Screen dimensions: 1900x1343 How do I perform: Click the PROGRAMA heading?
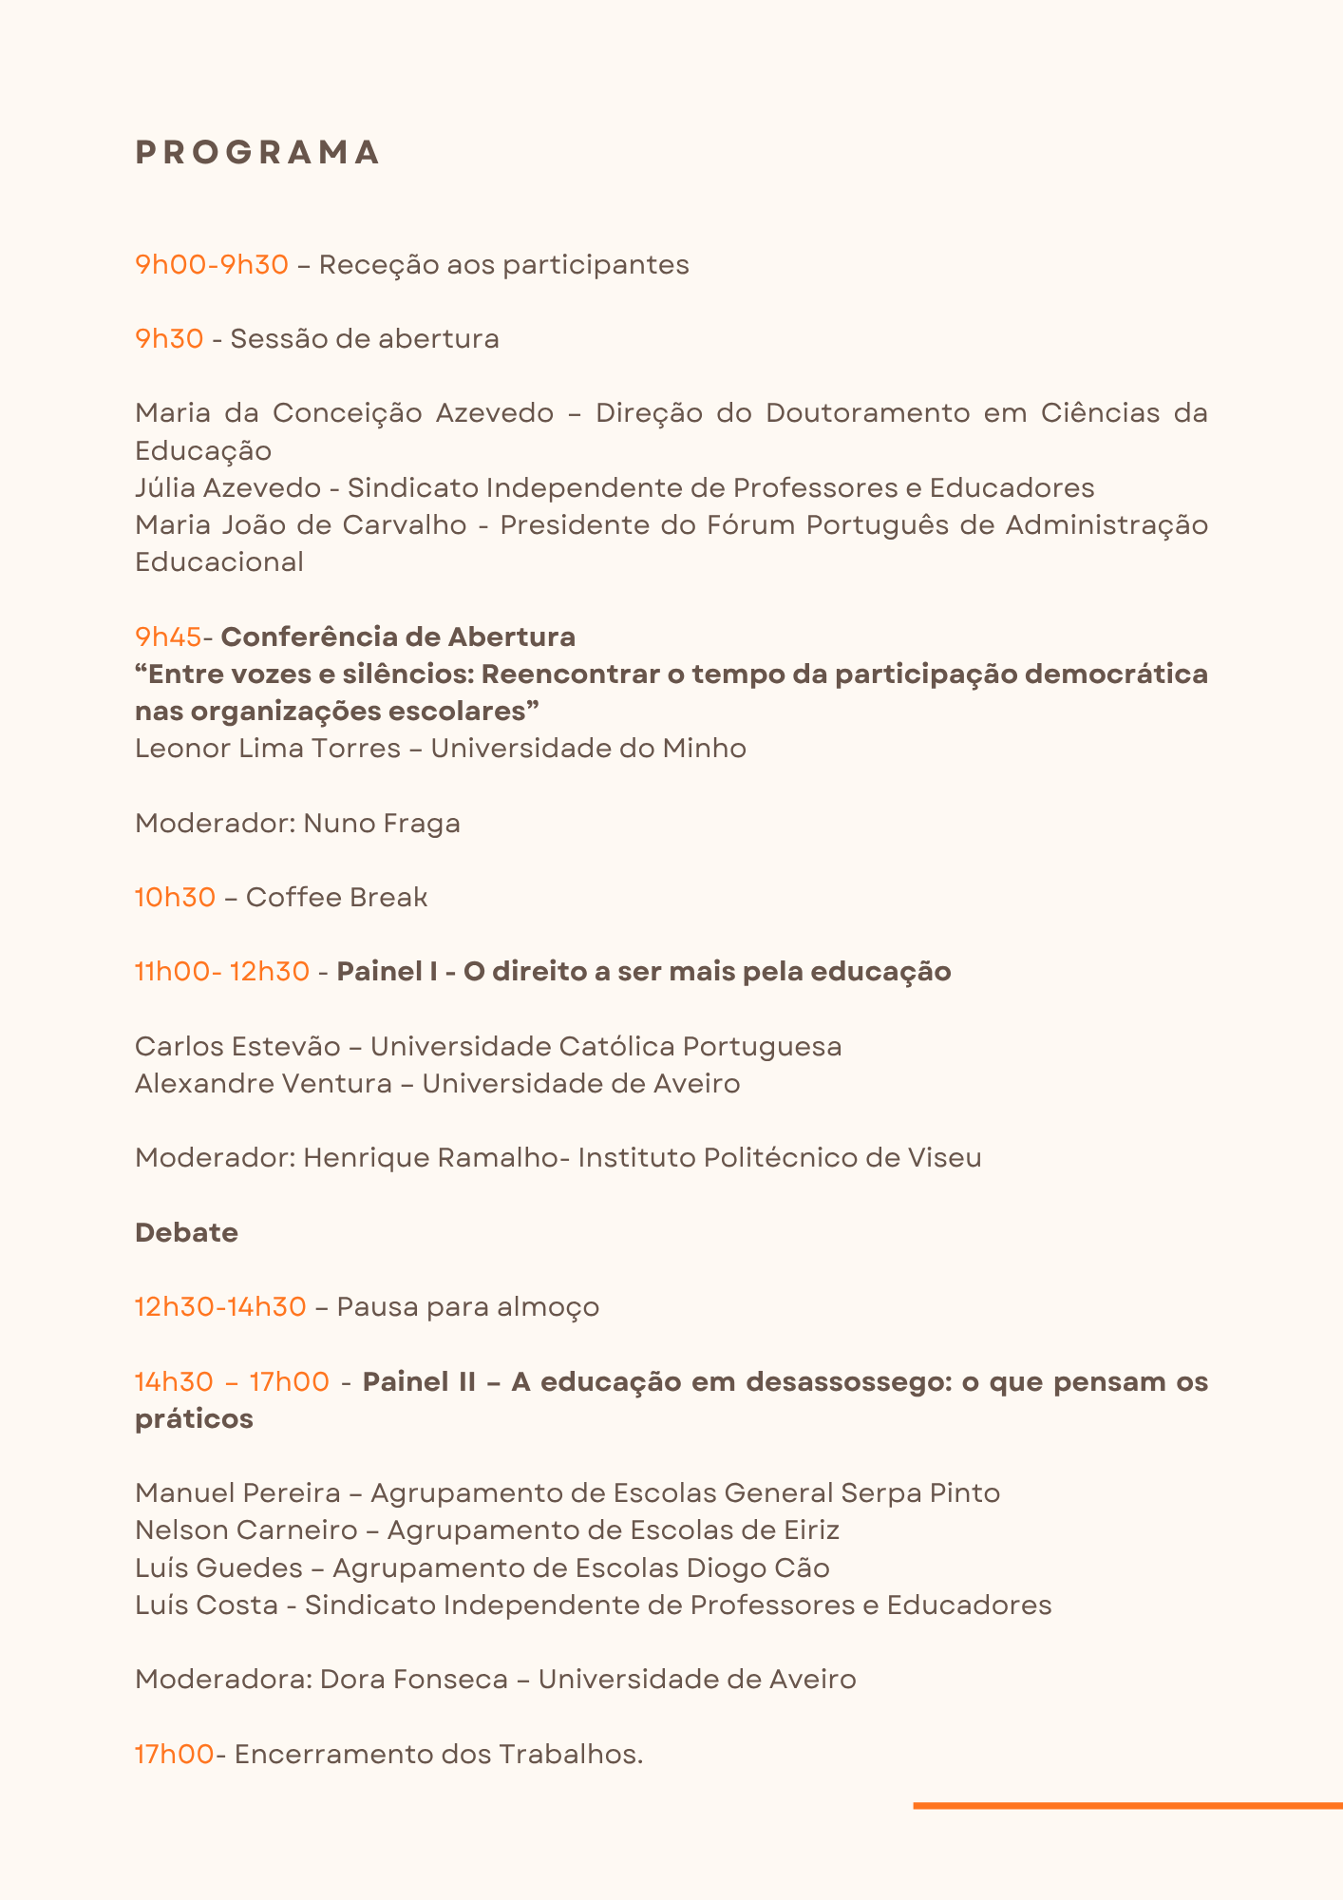click(x=257, y=153)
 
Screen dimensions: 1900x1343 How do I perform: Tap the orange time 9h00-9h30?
click(x=212, y=264)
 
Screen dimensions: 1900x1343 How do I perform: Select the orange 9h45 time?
click(x=168, y=636)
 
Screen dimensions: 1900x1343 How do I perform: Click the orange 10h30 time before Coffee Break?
click(x=175, y=897)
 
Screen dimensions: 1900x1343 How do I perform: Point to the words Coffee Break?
click(x=336, y=897)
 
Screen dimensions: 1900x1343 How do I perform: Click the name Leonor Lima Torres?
click(x=268, y=749)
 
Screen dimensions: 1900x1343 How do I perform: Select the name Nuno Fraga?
click(x=382, y=823)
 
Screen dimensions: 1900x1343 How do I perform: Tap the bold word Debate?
click(x=186, y=1232)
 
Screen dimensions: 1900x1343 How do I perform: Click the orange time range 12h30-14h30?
click(x=220, y=1307)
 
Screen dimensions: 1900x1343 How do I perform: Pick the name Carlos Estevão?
click(x=237, y=1046)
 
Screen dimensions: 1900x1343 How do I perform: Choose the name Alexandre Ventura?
click(x=263, y=1083)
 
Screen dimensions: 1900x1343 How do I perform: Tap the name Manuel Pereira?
click(x=237, y=1492)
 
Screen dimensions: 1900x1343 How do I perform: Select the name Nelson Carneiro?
click(x=246, y=1529)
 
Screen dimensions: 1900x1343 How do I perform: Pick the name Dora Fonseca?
click(x=414, y=1679)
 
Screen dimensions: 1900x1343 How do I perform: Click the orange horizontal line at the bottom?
click(x=1127, y=1805)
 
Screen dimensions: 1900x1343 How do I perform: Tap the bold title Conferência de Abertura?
click(x=398, y=636)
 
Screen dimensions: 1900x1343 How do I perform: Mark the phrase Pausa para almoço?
click(x=468, y=1307)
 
